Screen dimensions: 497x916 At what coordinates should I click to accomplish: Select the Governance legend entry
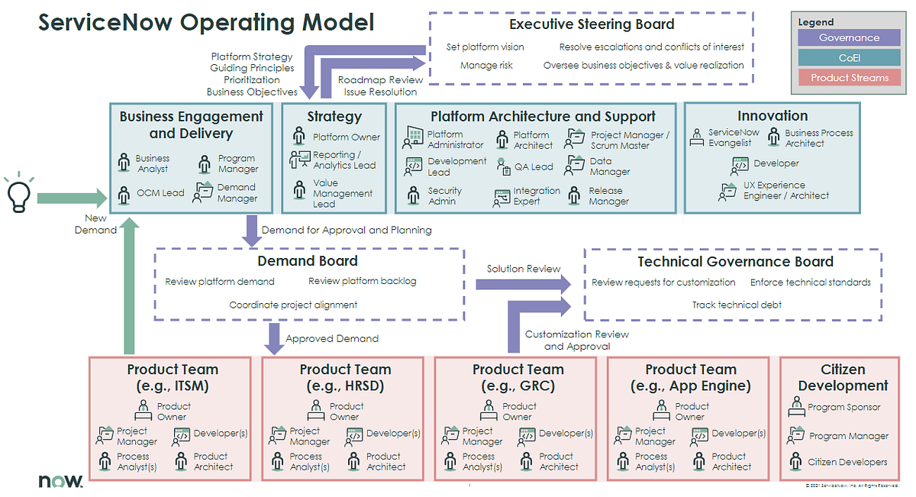[849, 37]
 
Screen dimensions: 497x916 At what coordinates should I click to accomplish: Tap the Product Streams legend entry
[849, 77]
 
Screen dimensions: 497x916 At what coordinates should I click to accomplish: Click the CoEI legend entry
[849, 57]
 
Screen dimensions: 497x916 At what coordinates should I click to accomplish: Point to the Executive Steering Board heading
[592, 24]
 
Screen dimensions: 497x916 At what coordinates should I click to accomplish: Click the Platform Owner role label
[346, 137]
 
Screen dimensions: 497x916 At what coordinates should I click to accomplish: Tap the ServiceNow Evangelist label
[734, 137]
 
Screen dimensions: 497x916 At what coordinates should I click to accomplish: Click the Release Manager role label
[608, 196]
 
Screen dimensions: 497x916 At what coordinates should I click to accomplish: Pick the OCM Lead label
[160, 193]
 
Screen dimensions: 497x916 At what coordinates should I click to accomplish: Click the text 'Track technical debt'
[737, 305]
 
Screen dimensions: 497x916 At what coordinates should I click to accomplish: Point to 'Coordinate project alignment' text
[293, 305]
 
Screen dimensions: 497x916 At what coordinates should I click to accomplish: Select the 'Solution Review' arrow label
[524, 269]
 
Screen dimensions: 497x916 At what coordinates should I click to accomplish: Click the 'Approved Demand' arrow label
[331, 338]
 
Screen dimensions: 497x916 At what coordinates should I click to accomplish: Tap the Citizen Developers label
[847, 462]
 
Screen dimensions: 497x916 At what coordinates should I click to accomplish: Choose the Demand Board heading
[308, 261]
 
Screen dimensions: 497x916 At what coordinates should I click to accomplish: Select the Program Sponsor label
[844, 408]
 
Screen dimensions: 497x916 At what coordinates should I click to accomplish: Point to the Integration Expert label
[536, 196]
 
